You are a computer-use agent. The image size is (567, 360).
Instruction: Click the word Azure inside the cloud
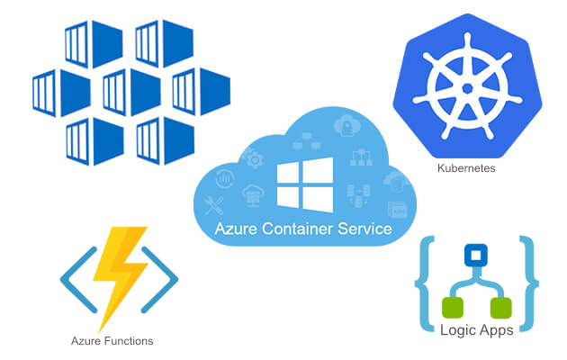[238, 229]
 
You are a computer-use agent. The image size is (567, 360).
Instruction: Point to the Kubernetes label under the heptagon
[465, 167]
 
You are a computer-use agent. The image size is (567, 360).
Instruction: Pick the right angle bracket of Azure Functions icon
[166, 278]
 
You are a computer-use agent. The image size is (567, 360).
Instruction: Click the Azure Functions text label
[112, 341]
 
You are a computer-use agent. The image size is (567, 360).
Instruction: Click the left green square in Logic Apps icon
[454, 308]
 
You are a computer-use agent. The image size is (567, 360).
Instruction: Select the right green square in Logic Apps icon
[499, 308]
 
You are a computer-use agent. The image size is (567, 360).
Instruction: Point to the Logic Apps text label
[476, 330]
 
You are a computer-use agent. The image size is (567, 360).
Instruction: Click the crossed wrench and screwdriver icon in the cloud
[216, 202]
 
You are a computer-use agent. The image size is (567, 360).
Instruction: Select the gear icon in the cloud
[255, 159]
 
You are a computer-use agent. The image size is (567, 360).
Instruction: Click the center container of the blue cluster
[120, 91]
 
